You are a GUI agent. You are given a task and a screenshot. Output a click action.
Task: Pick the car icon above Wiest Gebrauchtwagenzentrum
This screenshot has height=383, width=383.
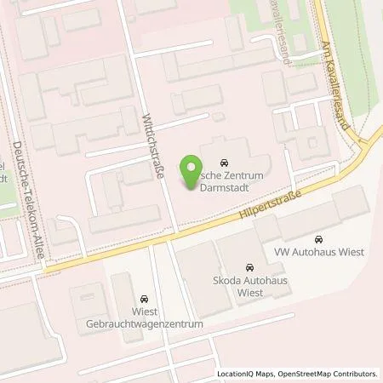click(x=145, y=299)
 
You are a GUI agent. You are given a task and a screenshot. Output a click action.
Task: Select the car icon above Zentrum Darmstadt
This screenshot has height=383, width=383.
click(x=224, y=162)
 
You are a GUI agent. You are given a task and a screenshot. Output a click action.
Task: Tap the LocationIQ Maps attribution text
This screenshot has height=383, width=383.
click(x=247, y=374)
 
